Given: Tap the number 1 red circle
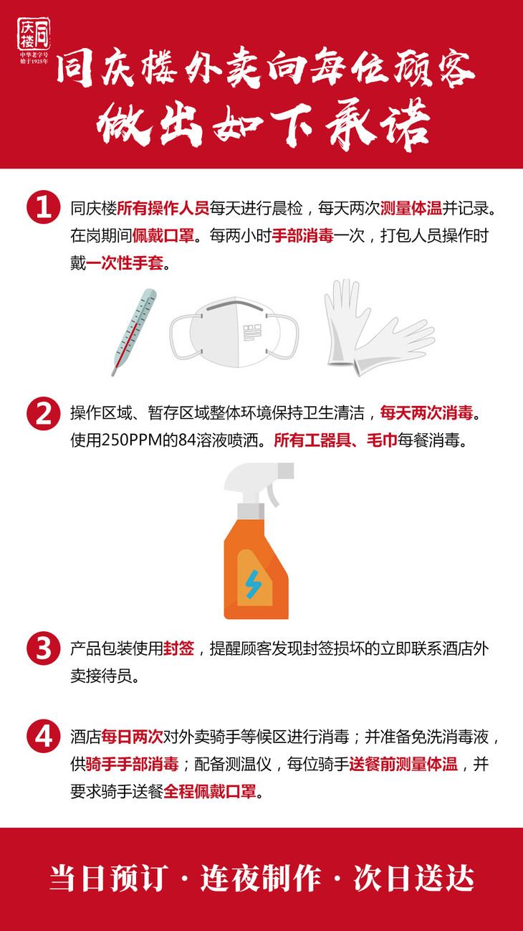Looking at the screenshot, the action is (44, 207).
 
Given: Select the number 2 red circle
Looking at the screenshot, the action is (44, 413).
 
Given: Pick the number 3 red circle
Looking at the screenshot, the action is (44, 648).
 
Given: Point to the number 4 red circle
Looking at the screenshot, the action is (44, 736).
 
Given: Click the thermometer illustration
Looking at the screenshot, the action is (134, 332).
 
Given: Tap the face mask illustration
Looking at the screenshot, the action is (234, 332).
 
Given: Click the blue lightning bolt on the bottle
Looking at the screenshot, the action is (253, 584).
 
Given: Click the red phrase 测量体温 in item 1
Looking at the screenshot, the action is (411, 208).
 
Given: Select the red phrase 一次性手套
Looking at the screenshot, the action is (125, 263).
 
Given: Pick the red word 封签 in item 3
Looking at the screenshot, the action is (178, 648).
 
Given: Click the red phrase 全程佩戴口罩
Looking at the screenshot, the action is (210, 791).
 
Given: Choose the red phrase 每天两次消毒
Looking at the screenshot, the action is (427, 412).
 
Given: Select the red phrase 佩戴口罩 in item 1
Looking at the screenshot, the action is (163, 235).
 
